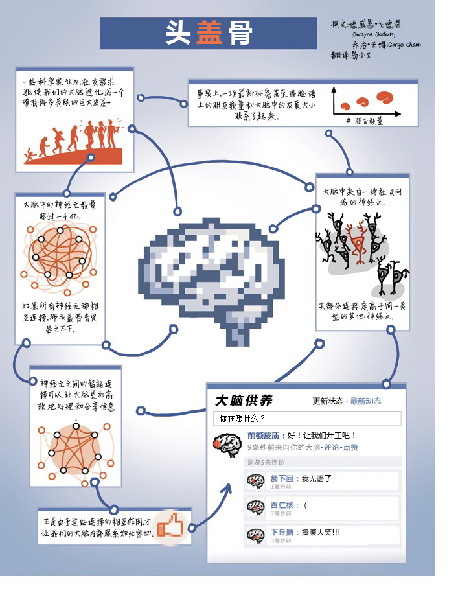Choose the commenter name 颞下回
(x=282, y=479)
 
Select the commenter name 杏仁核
(x=282, y=505)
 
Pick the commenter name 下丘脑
(x=282, y=532)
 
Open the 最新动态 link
(x=365, y=401)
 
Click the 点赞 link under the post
(x=350, y=447)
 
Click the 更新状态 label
(x=328, y=401)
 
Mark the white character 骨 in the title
(x=240, y=34)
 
